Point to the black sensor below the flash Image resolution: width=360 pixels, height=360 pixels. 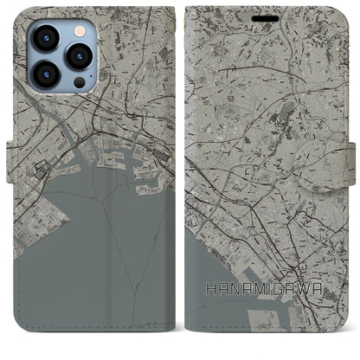coord(79,84)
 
